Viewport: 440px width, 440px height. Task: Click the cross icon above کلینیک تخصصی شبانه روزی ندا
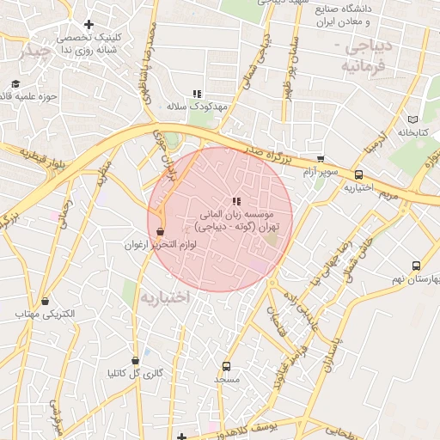click(x=89, y=24)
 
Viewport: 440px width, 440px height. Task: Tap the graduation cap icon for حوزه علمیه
click(x=15, y=84)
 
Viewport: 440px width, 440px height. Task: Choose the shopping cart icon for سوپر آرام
click(x=321, y=159)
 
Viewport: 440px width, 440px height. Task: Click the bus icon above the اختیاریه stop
click(x=359, y=174)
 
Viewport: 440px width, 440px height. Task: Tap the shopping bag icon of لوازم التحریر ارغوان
click(x=161, y=231)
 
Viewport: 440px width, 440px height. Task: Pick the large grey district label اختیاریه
click(x=164, y=296)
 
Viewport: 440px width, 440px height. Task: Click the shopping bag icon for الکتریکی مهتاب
click(x=46, y=301)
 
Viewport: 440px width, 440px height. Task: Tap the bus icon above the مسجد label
click(x=227, y=365)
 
